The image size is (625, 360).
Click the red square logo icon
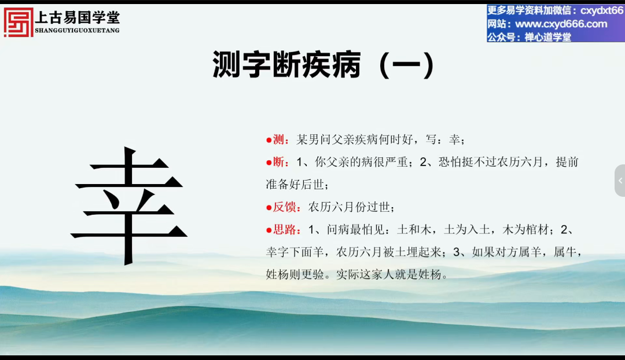pyautogui.click(x=19, y=23)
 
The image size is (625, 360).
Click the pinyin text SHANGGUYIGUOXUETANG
pyautogui.click(x=78, y=30)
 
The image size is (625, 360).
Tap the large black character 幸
pyautogui.click(x=128, y=205)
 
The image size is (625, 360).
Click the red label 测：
pyautogui.click(x=278, y=139)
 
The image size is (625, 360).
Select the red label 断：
pyautogui.click(x=278, y=162)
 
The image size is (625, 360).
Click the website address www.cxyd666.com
pyautogui.click(x=561, y=24)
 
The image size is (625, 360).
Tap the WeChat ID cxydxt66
pyautogui.click(x=601, y=10)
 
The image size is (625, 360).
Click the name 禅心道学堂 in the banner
pyautogui.click(x=547, y=37)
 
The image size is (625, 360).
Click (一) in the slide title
pyautogui.click(x=407, y=65)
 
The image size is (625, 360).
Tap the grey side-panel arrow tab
pyautogui.click(x=620, y=181)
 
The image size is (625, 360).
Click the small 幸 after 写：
pyautogui.click(x=454, y=139)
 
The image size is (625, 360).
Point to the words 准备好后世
pyautogui.click(x=295, y=185)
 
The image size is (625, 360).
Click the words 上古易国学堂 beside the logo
pyautogui.click(x=78, y=17)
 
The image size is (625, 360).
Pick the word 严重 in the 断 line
pyautogui.click(x=396, y=162)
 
